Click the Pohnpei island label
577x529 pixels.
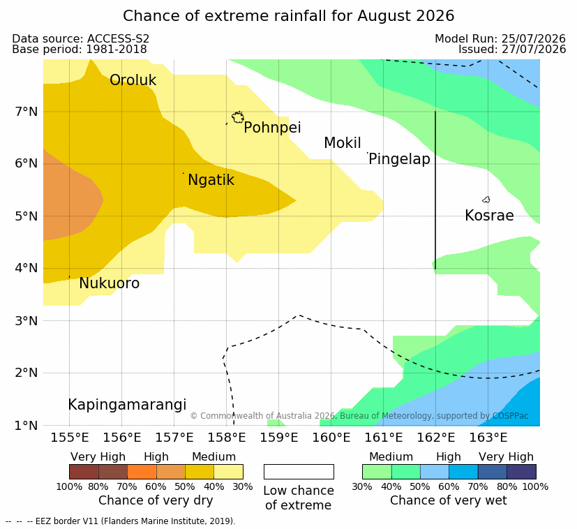(272, 128)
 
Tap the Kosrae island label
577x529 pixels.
(489, 216)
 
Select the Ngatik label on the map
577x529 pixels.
(211, 180)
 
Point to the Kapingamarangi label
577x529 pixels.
(127, 405)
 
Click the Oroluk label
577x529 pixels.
(133, 80)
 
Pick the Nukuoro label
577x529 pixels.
(110, 283)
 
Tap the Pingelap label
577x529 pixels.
(399, 159)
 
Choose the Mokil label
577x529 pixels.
(343, 143)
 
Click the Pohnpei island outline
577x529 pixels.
(238, 117)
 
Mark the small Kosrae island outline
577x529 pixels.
(486, 200)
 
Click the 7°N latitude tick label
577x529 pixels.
(27, 112)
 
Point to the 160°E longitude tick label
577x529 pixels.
(331, 438)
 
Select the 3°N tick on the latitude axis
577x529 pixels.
(27, 321)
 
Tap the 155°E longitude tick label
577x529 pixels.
(70, 438)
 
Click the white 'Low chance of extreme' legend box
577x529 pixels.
(299, 472)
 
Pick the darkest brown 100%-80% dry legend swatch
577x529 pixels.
(84, 472)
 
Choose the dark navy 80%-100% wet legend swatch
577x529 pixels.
(521, 472)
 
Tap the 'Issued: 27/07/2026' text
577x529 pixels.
(512, 50)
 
